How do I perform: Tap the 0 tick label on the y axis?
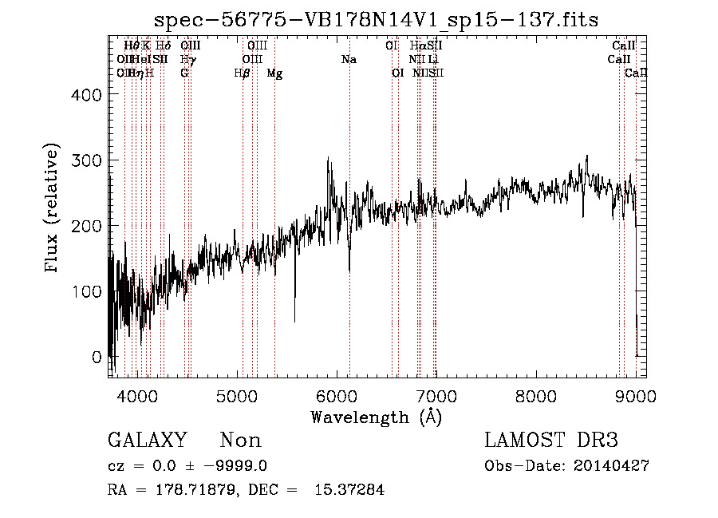[97, 357]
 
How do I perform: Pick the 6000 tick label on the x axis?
[336, 395]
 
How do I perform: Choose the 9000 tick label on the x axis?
[636, 395]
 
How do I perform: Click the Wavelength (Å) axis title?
[377, 417]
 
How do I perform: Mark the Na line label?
[349, 59]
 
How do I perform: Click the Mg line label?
[274, 73]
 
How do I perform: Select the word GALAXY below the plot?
[148, 441]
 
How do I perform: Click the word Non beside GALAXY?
[240, 441]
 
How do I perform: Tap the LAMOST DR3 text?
[551, 441]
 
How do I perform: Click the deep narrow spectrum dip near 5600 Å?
[294, 319]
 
